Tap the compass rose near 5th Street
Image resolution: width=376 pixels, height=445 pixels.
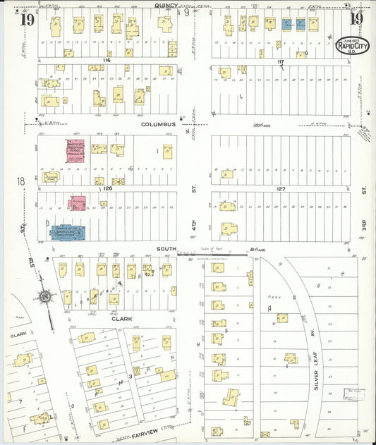[x=44, y=298]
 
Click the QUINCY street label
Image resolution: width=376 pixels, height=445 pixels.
[x=166, y=5]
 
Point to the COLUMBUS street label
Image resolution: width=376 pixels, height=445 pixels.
[x=157, y=124]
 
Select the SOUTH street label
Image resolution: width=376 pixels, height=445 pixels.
[x=166, y=249]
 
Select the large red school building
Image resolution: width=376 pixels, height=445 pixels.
[x=75, y=151]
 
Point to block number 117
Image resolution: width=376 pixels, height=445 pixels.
[x=280, y=62]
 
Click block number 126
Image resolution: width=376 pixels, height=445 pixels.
[x=107, y=188]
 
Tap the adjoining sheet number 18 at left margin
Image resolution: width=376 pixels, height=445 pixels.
[x=21, y=182]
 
